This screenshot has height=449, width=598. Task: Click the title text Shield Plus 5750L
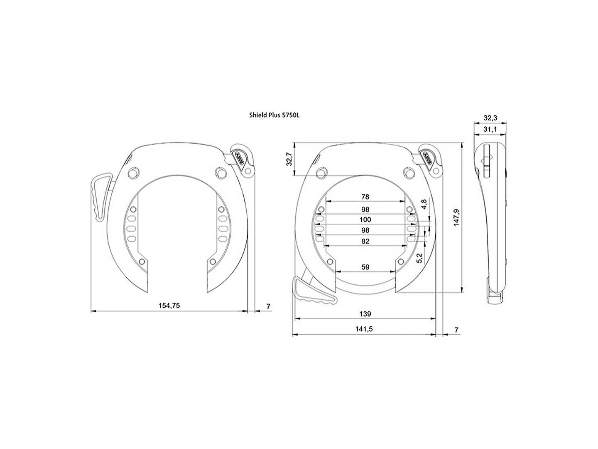[x=274, y=115]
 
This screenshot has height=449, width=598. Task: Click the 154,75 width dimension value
[x=169, y=306]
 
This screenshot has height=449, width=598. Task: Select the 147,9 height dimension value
[x=456, y=217]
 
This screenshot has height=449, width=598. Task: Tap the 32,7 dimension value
[x=289, y=159]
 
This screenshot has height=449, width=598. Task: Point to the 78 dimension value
[x=365, y=197]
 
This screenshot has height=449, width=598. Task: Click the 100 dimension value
[x=365, y=220]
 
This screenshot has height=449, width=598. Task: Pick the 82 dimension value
[x=365, y=241]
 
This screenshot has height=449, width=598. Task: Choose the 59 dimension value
[x=365, y=267]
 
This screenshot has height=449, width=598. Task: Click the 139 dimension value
[x=365, y=314]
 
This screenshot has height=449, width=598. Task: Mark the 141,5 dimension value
[x=364, y=329]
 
